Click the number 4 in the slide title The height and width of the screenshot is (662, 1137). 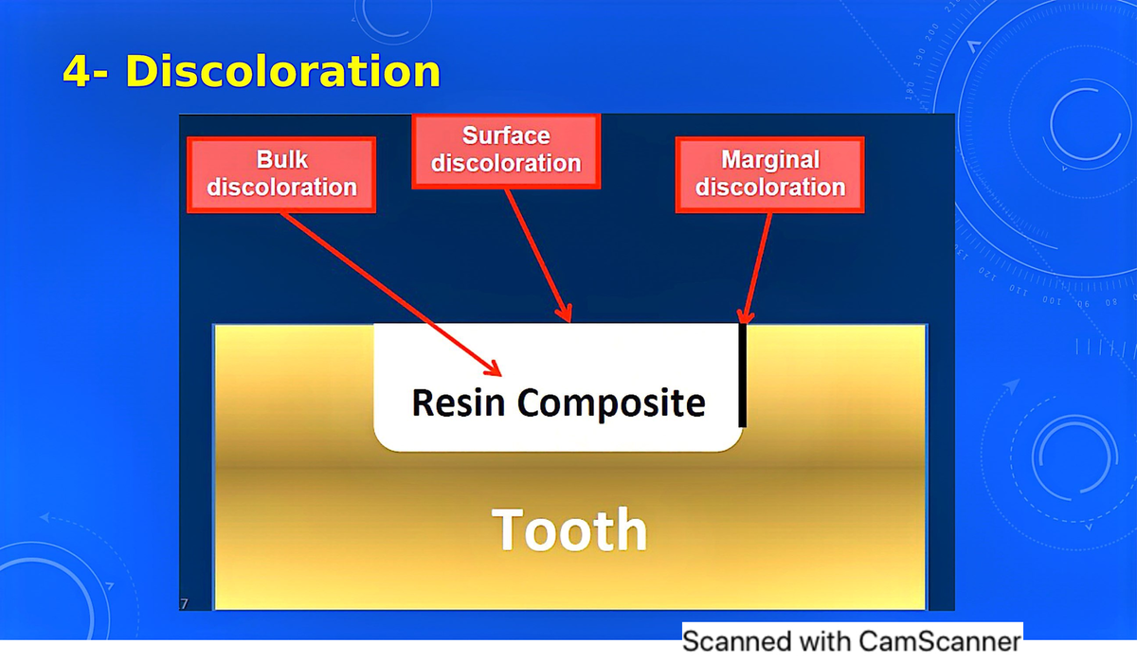(76, 72)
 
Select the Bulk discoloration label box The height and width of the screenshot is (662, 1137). (281, 174)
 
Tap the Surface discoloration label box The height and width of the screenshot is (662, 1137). (506, 151)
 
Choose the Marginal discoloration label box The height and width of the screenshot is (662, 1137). (769, 174)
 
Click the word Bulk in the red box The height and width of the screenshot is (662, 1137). (281, 160)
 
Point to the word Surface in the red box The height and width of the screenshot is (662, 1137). (506, 136)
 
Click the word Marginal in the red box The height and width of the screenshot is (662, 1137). (769, 160)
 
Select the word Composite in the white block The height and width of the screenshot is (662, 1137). (611, 403)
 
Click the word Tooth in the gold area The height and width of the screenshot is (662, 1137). (569, 529)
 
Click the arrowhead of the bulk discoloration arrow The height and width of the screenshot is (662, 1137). (496, 368)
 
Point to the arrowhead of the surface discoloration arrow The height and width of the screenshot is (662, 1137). (567, 315)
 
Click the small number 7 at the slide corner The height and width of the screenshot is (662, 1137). (184, 603)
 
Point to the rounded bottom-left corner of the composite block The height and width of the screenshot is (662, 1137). (383, 441)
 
